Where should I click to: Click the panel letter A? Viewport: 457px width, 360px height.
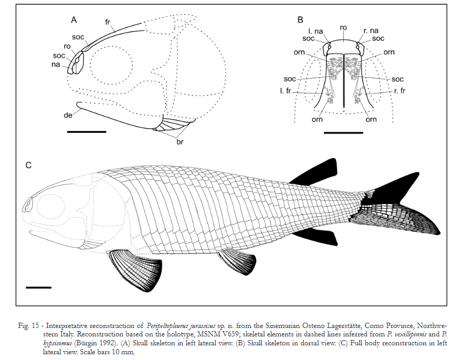(x=74, y=20)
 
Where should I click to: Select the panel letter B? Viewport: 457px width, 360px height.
(x=300, y=20)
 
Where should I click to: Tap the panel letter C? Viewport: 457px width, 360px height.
(x=29, y=166)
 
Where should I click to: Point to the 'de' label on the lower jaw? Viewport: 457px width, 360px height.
(x=69, y=114)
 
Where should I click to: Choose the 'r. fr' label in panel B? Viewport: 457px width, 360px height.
(x=400, y=91)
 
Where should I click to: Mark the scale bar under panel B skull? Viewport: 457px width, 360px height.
(x=343, y=133)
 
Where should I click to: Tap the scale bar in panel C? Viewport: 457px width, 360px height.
(x=38, y=287)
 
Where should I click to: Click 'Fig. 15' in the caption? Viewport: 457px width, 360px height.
(x=30, y=326)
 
